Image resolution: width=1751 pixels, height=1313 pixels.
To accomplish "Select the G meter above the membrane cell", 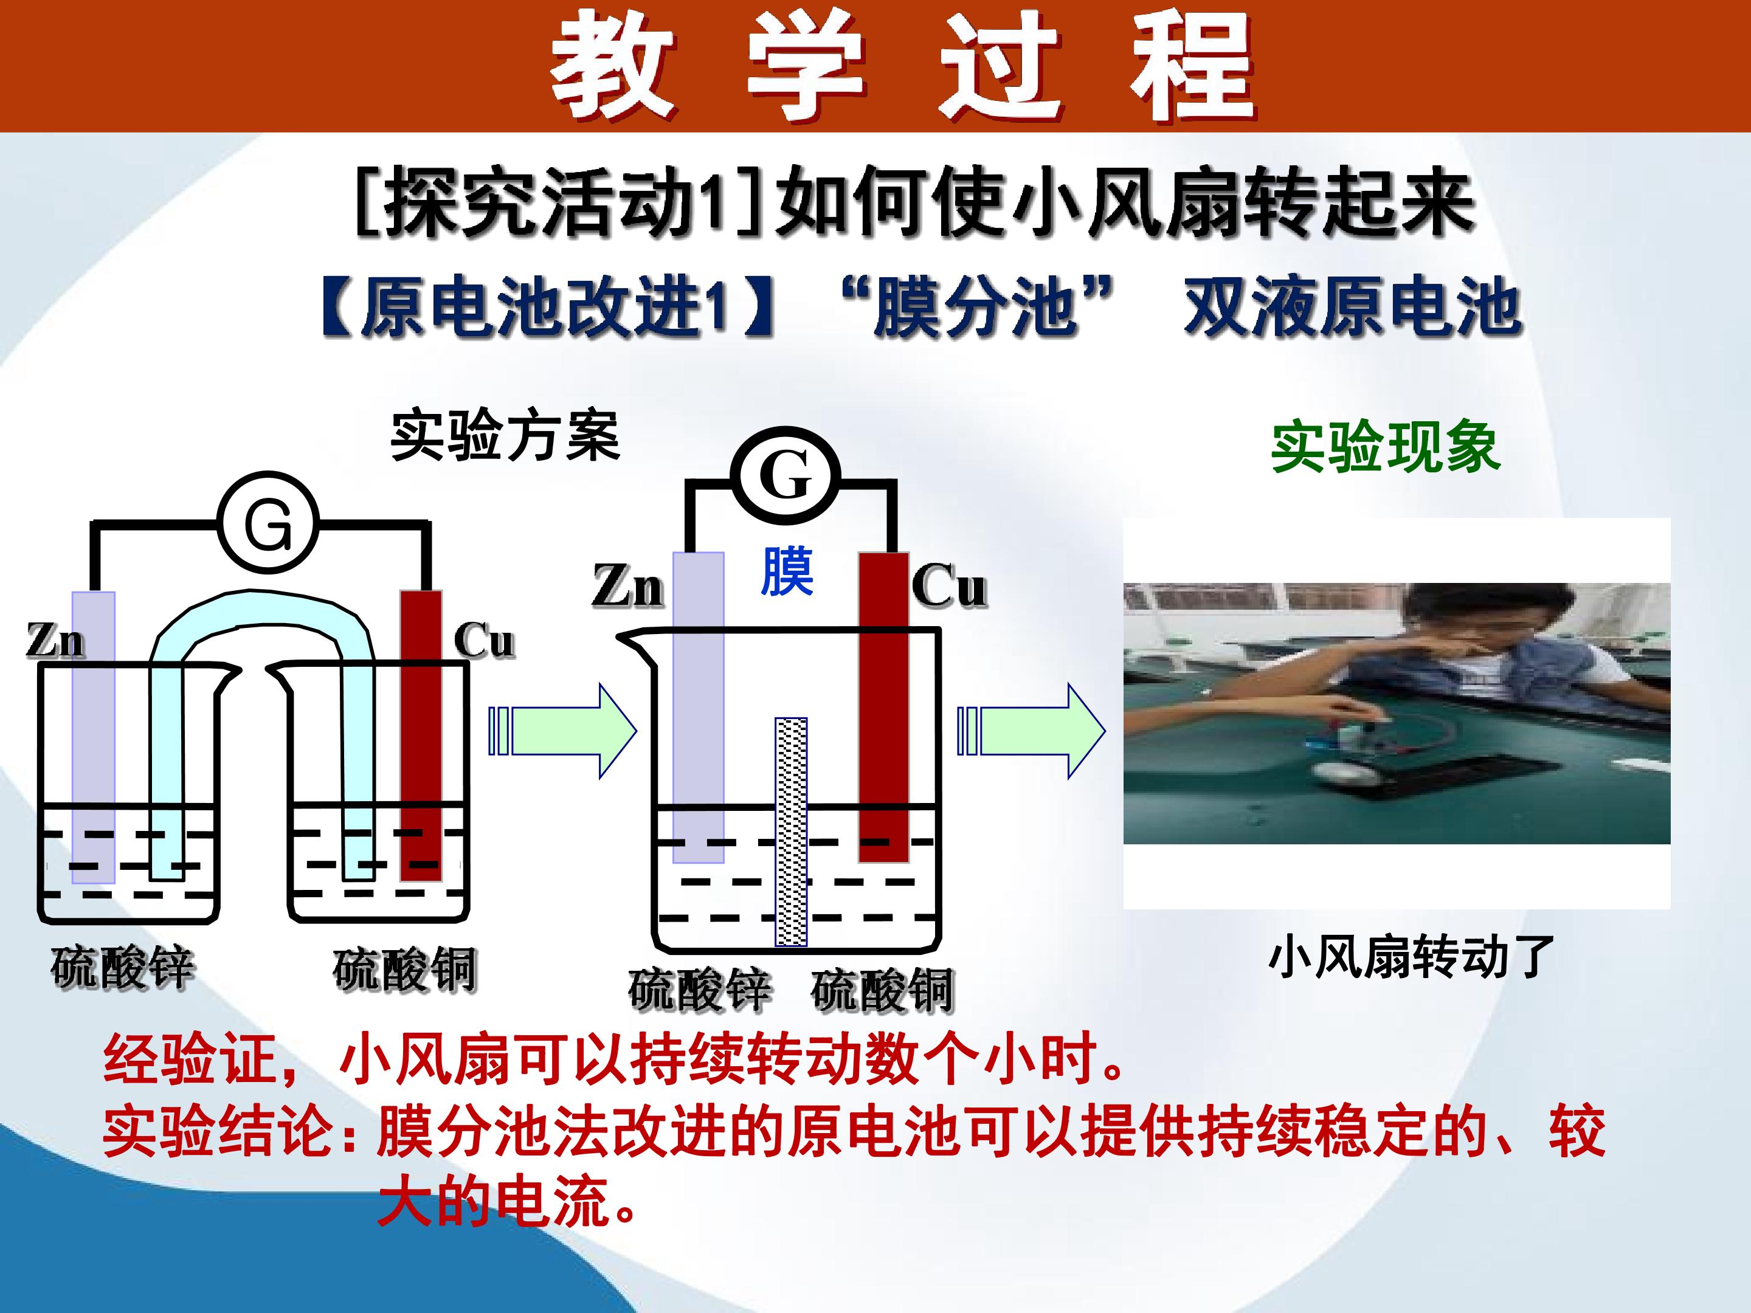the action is pos(786,475).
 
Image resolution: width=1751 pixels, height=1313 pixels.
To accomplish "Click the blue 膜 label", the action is pos(786,571).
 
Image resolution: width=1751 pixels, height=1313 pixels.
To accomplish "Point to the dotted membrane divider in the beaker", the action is pos(791,831).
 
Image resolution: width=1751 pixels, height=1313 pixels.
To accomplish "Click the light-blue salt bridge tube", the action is pos(261,610).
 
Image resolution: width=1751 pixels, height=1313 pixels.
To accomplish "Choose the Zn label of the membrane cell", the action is pos(627,587).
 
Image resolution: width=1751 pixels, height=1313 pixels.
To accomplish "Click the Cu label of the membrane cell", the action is pos(949,587).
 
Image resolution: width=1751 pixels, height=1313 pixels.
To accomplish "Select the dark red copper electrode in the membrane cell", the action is pos(884,707).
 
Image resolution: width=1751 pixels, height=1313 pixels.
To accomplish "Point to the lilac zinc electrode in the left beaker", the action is pos(94,737).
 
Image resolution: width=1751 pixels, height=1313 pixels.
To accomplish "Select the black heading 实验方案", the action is pos(505,435).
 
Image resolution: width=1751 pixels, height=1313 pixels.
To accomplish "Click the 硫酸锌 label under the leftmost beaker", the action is pos(123,967).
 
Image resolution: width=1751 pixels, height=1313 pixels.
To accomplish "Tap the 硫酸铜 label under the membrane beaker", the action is pos(883,989).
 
